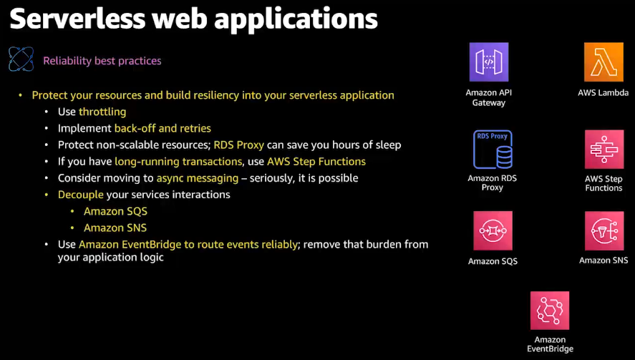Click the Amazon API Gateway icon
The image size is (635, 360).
[488, 62]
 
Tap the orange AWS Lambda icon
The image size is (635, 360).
[604, 62]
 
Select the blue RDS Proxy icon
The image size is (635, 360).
[493, 149]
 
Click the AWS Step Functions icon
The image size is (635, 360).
[604, 149]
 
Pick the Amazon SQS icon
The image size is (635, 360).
[493, 230]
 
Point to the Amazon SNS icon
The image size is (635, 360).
[604, 230]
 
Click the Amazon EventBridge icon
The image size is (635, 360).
[550, 311]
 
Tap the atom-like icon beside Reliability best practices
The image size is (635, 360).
[21, 59]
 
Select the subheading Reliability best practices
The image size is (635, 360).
[102, 61]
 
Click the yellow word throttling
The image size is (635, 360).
[102, 112]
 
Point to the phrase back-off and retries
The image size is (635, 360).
[163, 128]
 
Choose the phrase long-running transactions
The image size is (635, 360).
[178, 161]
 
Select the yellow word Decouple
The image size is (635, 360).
[81, 195]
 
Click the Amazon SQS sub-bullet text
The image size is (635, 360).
[115, 211]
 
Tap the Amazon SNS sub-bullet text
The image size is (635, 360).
[115, 228]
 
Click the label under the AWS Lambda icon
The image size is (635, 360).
[604, 93]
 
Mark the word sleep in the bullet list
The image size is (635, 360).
[387, 145]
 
